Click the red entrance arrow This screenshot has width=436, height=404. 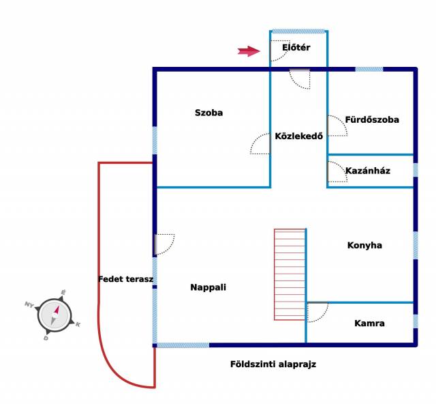249,51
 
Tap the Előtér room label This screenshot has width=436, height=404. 296,47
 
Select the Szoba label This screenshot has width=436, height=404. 209,113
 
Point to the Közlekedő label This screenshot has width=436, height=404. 299,136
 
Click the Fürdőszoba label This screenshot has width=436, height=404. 372,119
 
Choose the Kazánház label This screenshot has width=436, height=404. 368,171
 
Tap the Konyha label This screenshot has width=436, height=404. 364,245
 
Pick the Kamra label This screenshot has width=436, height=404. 369,323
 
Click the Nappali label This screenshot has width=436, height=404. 208,287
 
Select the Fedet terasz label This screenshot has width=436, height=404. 125,279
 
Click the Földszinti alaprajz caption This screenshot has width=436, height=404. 273,364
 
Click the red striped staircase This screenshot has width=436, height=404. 290,274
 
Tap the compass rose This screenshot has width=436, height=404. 54,315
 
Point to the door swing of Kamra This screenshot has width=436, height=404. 317,312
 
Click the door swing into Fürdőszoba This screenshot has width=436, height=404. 338,126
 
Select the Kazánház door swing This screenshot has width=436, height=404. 338,171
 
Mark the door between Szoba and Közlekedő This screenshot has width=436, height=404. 260,143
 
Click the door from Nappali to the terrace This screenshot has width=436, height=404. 165,244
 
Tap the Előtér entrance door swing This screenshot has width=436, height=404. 280,50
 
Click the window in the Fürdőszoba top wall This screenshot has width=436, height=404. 369,69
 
